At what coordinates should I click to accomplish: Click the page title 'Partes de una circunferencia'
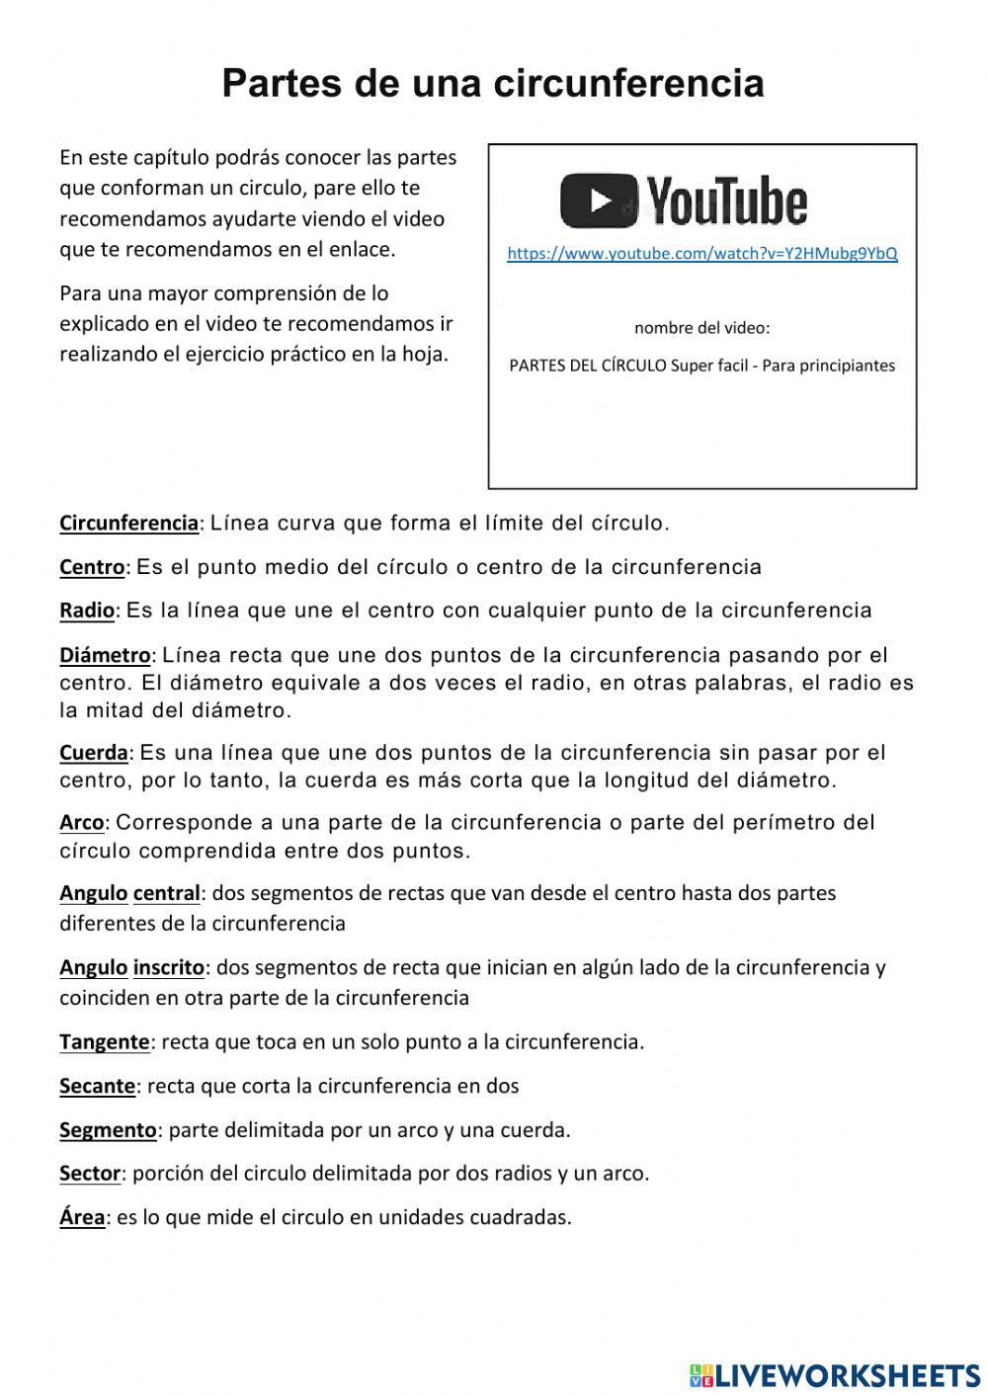[493, 83]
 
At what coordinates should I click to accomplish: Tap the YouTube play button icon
[600, 201]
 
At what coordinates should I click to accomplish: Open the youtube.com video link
[702, 254]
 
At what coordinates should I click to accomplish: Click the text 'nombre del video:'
[701, 328]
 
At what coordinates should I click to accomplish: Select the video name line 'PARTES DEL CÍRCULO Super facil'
[701, 366]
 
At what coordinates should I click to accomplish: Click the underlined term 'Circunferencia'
[128, 524]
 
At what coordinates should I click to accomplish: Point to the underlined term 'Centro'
[92, 567]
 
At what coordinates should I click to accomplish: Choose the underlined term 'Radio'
[87, 611]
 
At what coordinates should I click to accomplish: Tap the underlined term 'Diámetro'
[105, 655]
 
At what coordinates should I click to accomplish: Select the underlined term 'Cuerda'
[94, 753]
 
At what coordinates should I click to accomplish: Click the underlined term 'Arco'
[82, 823]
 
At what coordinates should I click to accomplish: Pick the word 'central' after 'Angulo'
[166, 893]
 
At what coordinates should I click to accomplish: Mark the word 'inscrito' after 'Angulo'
[169, 967]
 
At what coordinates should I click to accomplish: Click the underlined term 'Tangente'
[105, 1041]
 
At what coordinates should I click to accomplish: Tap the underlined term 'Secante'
[97, 1086]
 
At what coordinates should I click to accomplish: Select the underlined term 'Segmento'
[108, 1130]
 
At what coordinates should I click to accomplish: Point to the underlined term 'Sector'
[90, 1174]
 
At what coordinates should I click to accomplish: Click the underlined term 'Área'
[82, 1217]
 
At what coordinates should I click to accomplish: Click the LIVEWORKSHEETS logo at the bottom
[835, 1374]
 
